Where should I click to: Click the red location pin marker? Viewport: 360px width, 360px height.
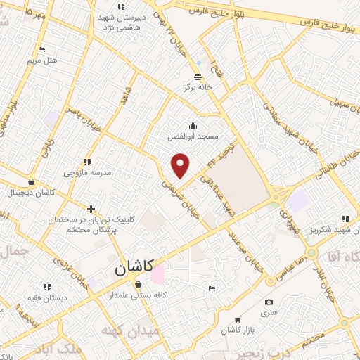(x=181, y=165)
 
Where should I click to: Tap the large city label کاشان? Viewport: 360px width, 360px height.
(x=133, y=268)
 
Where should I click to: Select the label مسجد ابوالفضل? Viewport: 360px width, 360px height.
(x=193, y=135)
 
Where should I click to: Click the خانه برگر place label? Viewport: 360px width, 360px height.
(x=198, y=87)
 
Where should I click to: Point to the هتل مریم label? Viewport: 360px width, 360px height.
(x=41, y=60)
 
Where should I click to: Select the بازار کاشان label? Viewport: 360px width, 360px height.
(x=236, y=330)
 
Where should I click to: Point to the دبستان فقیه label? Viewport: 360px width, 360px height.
(x=48, y=297)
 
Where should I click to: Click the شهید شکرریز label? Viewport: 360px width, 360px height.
(x=332, y=229)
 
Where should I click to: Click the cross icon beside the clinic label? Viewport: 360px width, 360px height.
(x=91, y=209)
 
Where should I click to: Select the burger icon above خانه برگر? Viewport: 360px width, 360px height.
(x=198, y=77)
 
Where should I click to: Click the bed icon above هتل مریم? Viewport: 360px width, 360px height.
(x=41, y=49)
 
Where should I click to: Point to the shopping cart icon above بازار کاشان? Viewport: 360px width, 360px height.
(x=237, y=319)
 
